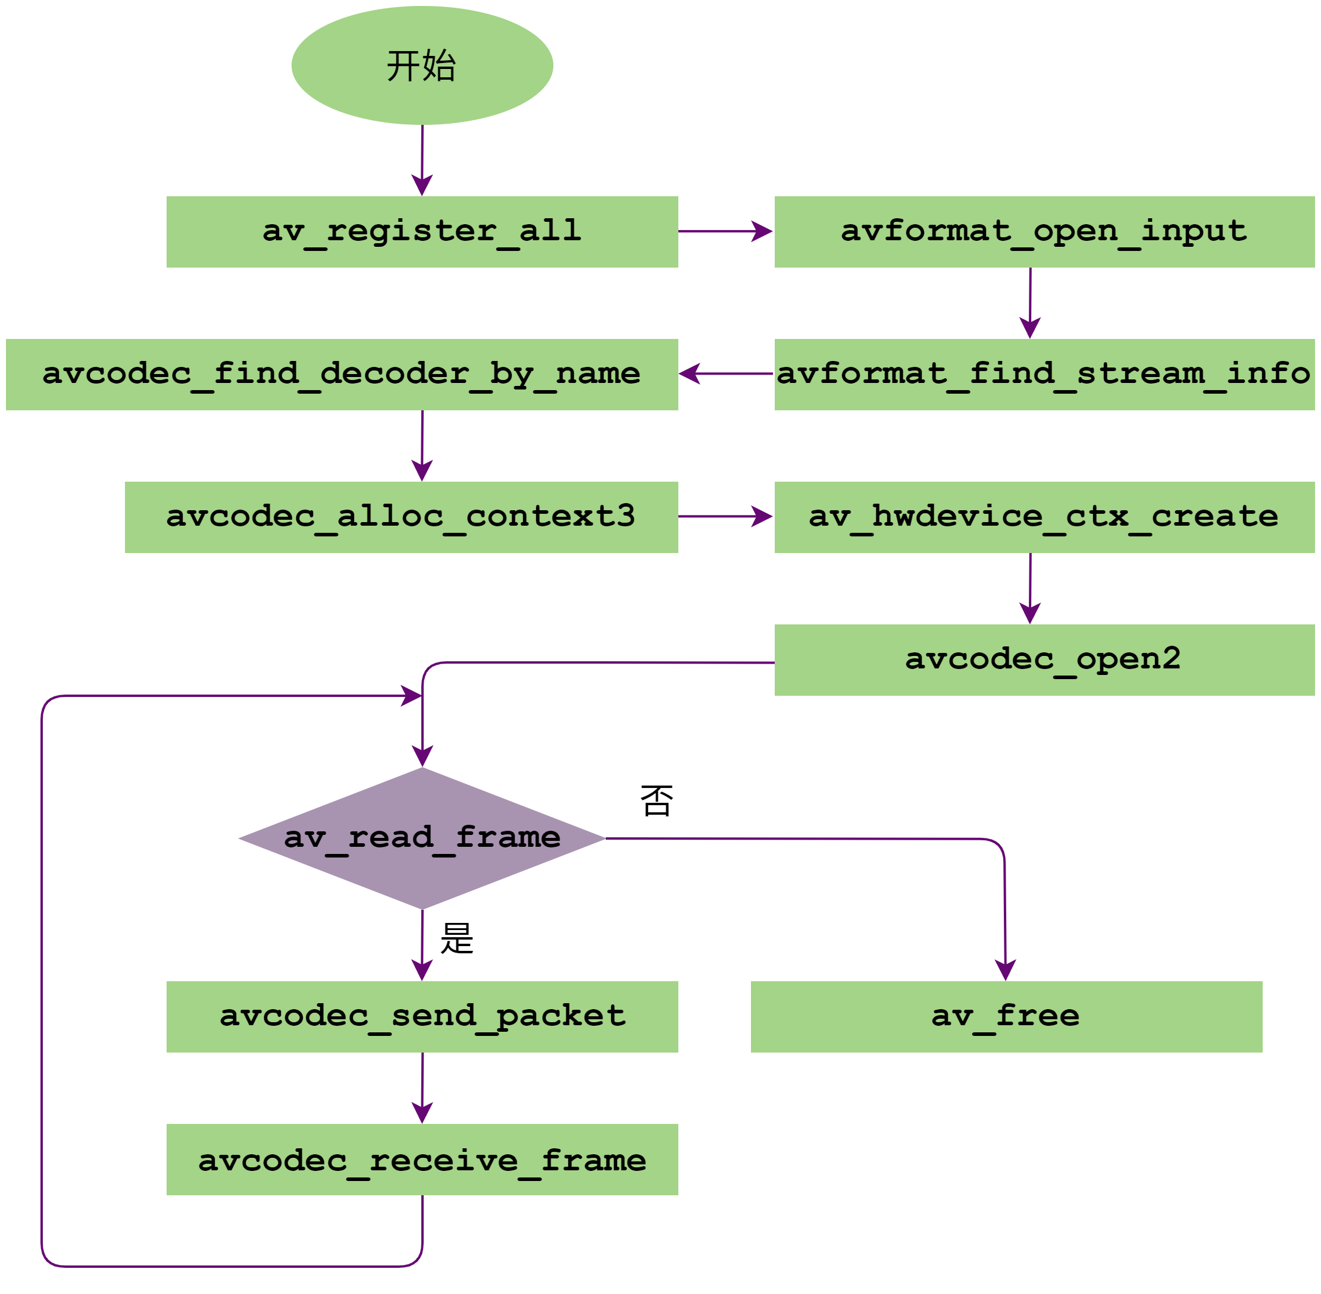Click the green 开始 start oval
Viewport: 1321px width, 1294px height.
pyautogui.click(x=422, y=65)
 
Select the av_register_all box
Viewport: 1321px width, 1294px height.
pyautogui.click(x=422, y=232)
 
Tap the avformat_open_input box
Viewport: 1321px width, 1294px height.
pyautogui.click(x=1044, y=232)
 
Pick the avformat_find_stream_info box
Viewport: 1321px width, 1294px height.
pyautogui.click(x=1044, y=375)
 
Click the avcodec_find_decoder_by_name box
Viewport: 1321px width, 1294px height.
pyautogui.click(x=342, y=375)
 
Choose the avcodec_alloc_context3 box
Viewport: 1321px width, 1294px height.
pyautogui.click(x=401, y=517)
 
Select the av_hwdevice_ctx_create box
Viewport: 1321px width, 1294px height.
pyautogui.click(x=1044, y=517)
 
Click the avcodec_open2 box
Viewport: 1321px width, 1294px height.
pyautogui.click(x=1044, y=660)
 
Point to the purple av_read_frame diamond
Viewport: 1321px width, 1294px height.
pyautogui.click(x=422, y=838)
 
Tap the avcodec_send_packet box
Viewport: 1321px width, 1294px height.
pyautogui.click(x=422, y=1017)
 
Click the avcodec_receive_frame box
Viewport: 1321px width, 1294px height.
pyautogui.click(x=422, y=1160)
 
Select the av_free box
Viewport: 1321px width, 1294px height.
pyautogui.click(x=1006, y=1017)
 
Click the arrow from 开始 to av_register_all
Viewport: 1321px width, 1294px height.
pyautogui.click(x=422, y=161)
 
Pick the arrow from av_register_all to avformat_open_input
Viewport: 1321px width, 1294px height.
pyautogui.click(x=725, y=231)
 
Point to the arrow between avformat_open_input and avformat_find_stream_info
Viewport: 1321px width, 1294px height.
pyautogui.click(x=1030, y=303)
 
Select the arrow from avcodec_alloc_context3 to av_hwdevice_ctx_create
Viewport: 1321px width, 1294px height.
pyautogui.click(x=725, y=517)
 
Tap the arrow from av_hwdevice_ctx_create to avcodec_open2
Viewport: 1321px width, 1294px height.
pyautogui.click(x=1030, y=589)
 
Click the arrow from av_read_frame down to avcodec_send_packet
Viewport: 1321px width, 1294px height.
pyautogui.click(x=422, y=945)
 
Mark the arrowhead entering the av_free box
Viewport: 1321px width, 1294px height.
pyautogui.click(x=1006, y=970)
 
